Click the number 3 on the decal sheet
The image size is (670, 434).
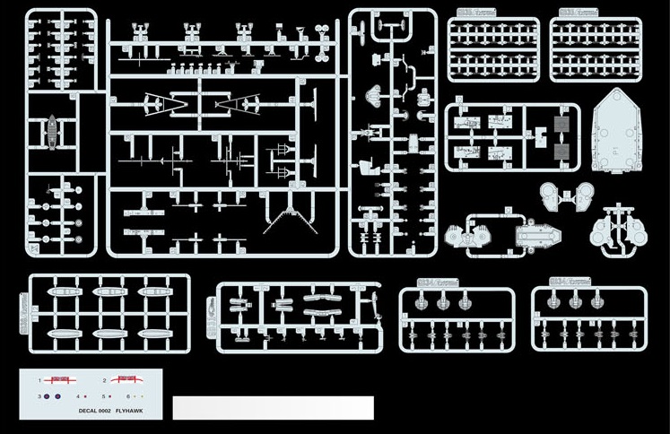pyautogui.click(x=39, y=395)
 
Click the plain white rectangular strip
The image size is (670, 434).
pyautogui.click(x=273, y=408)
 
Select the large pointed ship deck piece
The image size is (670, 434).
pyautogui.click(x=619, y=135)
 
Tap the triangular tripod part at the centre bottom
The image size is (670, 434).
pyautogui.click(x=288, y=221)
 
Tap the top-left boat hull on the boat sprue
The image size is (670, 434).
pyautogui.click(x=64, y=293)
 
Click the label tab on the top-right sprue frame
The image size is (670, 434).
pyautogui.click(x=579, y=13)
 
